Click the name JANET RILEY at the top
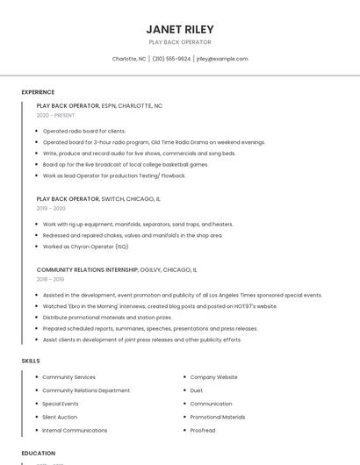[179, 29]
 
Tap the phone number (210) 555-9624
[171, 59]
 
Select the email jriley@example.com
[222, 59]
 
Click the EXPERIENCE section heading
[38, 92]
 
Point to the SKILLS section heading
[31, 361]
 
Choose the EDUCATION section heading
[38, 453]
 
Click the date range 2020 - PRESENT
[55, 115]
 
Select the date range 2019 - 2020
[51, 208]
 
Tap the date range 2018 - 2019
[50, 279]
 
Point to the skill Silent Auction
[60, 417]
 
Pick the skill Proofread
[203, 430]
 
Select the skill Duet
[197, 390]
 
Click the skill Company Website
[213, 377]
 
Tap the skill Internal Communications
[75, 430]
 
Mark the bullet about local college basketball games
[126, 164]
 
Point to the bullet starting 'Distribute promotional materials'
[107, 318]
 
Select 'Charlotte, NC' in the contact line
[129, 59]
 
